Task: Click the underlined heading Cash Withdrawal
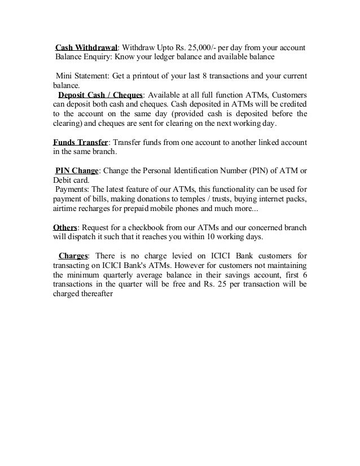(85, 46)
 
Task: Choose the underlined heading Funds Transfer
(76, 143)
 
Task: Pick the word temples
(194, 200)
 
